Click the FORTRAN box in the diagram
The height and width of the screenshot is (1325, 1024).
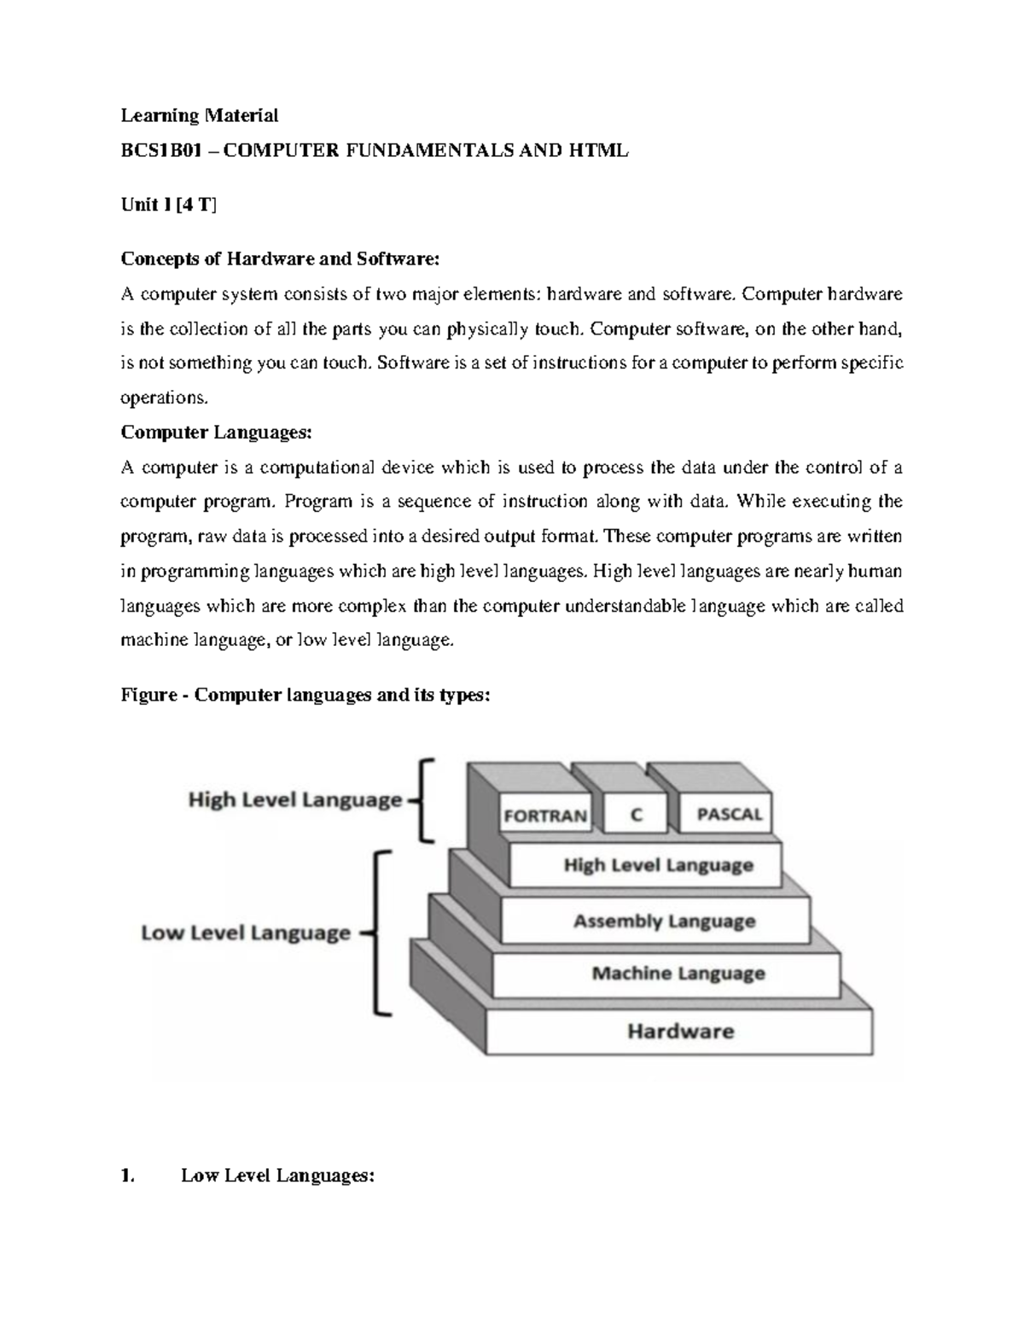545,815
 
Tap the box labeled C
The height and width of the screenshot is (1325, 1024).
636,815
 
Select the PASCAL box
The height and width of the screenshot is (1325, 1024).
729,814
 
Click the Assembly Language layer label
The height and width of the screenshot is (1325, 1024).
664,921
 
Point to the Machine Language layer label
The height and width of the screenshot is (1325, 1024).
678,973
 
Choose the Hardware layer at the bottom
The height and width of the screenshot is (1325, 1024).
680,1032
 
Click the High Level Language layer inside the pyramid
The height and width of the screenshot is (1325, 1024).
658,865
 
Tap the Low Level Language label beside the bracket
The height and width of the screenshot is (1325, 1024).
246,933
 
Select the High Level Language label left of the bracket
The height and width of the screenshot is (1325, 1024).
294,800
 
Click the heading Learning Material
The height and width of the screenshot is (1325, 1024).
200,115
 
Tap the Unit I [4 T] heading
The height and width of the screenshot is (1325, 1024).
169,205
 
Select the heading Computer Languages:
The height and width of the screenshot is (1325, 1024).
217,433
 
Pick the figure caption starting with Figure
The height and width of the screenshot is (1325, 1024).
305,694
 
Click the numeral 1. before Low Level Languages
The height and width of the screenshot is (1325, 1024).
128,1176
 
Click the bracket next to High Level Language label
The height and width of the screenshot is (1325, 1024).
423,800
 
